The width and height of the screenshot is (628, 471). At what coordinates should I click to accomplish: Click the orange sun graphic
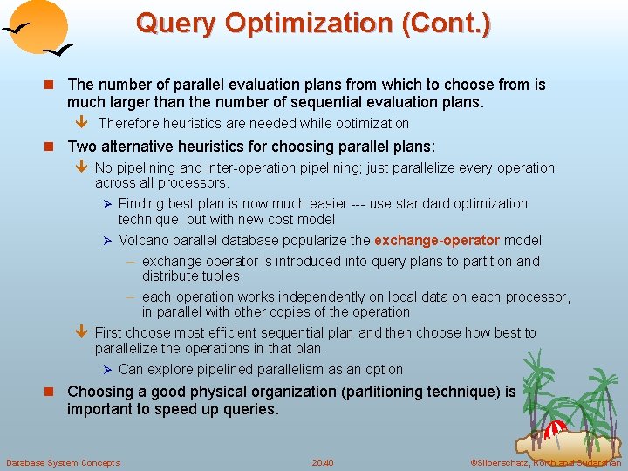[x=43, y=26]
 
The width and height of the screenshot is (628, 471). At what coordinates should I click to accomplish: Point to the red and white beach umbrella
[x=556, y=429]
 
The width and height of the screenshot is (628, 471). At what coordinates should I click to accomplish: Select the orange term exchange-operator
[x=437, y=240]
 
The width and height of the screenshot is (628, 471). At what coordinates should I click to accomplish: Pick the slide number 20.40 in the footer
[x=322, y=462]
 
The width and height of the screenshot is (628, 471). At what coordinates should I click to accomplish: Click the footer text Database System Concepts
[x=63, y=462]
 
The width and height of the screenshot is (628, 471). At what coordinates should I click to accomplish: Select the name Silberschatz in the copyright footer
[x=506, y=462]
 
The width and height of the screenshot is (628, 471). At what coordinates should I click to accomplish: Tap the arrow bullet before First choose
[x=81, y=332]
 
